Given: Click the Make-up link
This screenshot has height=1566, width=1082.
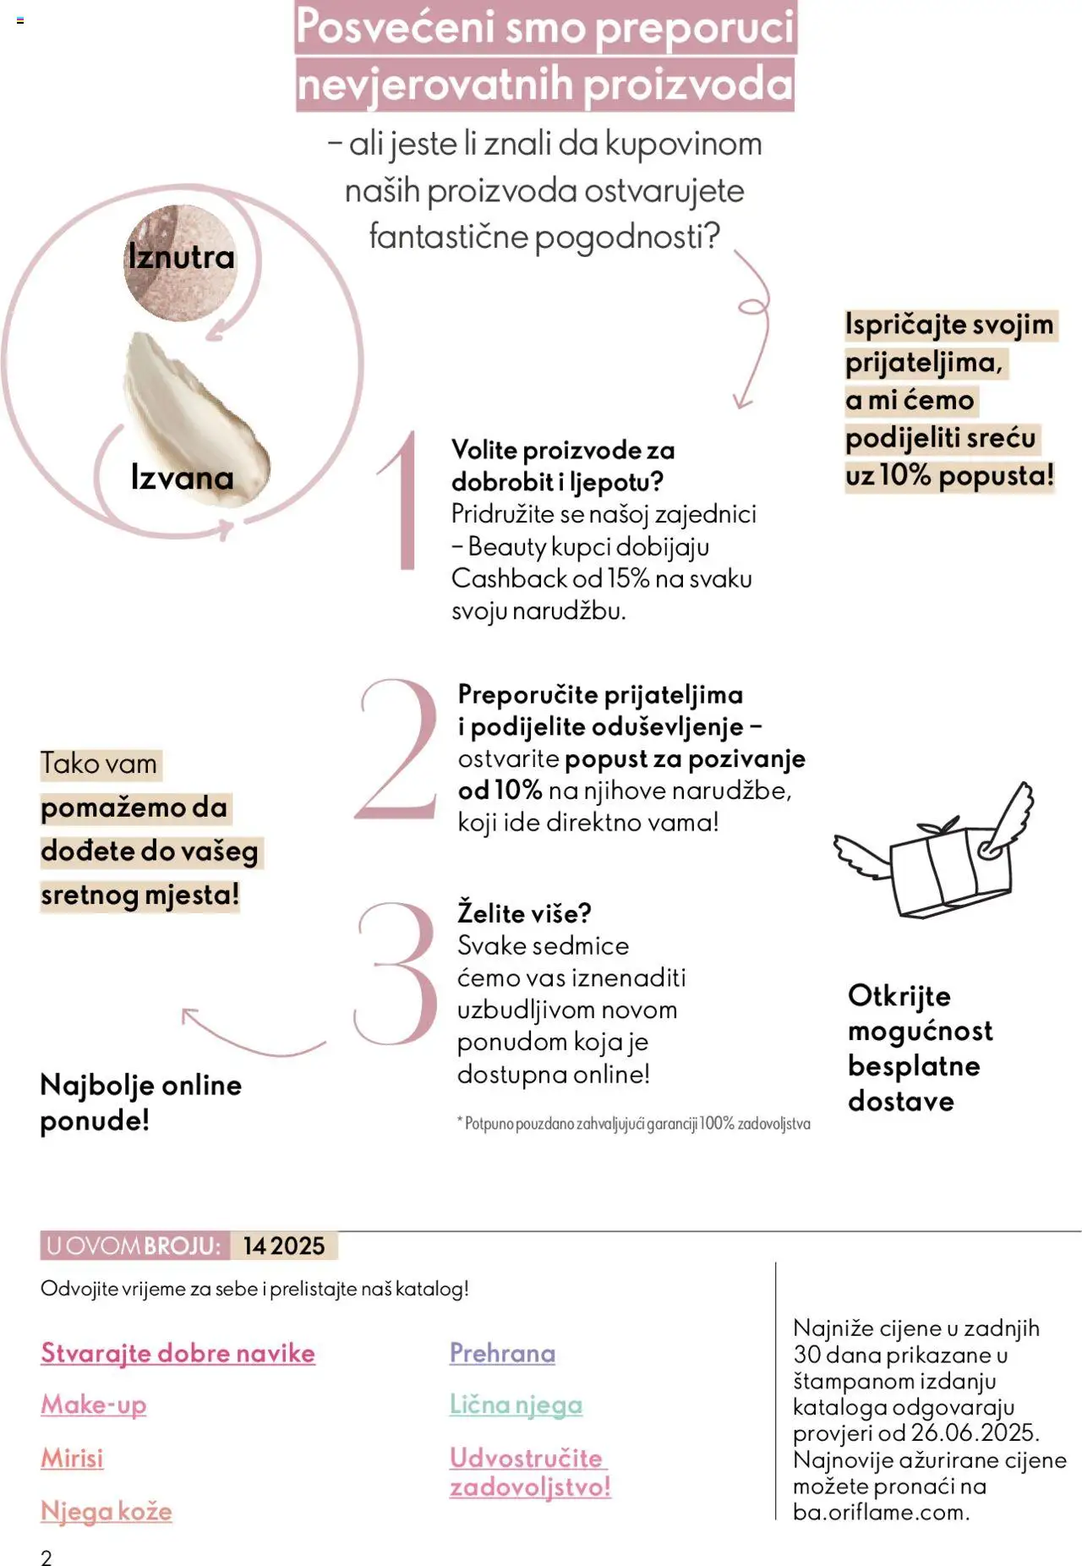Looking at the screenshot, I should point(94,1404).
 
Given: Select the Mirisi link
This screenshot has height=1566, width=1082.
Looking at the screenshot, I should point(73,1458).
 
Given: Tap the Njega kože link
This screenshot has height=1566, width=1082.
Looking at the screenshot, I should point(107,1511).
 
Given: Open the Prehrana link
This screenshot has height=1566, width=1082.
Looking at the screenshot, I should point(502,1353).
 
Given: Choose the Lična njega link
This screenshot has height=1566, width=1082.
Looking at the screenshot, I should point(516,1404).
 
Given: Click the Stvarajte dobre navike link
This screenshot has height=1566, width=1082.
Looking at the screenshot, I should point(178,1353).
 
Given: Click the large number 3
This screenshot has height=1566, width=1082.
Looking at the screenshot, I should point(396,972).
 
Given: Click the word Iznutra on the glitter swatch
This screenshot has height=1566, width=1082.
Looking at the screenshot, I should point(181,257).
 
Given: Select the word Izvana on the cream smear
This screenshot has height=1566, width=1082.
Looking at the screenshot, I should point(182,478).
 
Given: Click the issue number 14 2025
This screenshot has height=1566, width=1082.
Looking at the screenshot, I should point(284,1246).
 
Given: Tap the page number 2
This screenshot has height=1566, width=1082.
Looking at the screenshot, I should point(46,1558).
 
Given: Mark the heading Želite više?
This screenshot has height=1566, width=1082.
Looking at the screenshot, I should point(524,913).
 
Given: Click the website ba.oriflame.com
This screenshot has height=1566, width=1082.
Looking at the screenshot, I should point(880,1512).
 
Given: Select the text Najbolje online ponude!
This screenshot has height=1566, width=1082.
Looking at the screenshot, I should point(140,1103).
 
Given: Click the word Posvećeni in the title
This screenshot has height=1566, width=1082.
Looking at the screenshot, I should point(395,27).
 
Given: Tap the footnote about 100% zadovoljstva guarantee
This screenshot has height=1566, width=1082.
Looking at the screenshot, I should point(634,1124).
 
